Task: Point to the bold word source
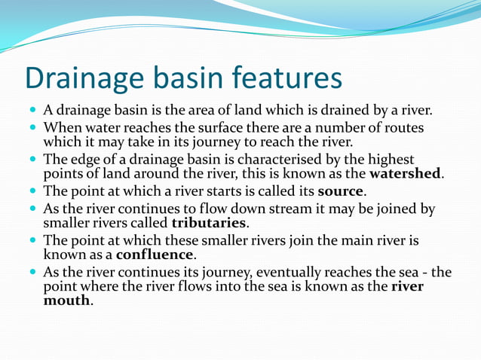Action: pyautogui.click(x=342, y=191)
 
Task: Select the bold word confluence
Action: pyautogui.click(x=155, y=256)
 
